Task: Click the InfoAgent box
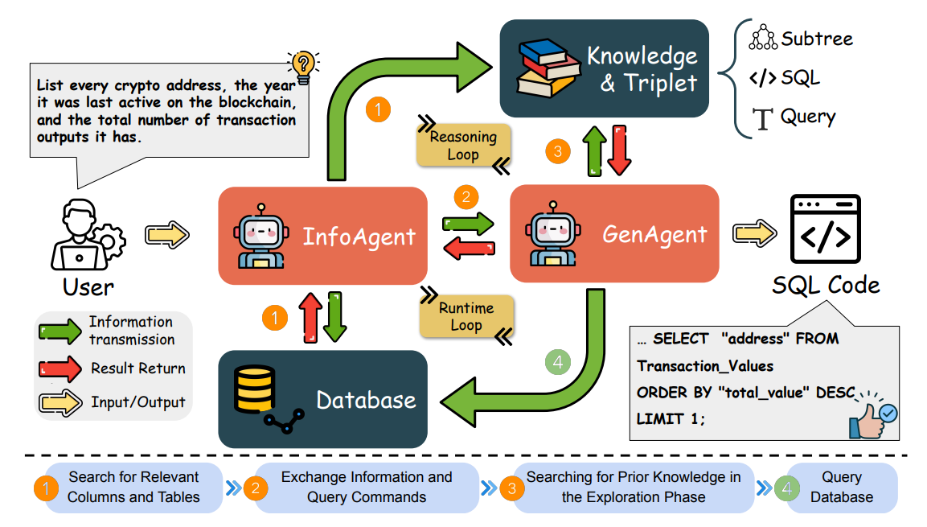(x=322, y=236)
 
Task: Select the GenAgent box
(x=614, y=233)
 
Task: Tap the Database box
(x=322, y=399)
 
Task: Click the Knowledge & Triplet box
(x=604, y=69)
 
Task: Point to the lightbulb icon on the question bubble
(x=303, y=64)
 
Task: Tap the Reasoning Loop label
(x=462, y=145)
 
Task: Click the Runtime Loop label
(x=466, y=316)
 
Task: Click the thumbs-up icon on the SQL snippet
(x=872, y=416)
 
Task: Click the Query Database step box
(x=841, y=487)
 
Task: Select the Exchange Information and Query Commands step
(x=367, y=487)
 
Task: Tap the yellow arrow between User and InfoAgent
(x=166, y=235)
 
